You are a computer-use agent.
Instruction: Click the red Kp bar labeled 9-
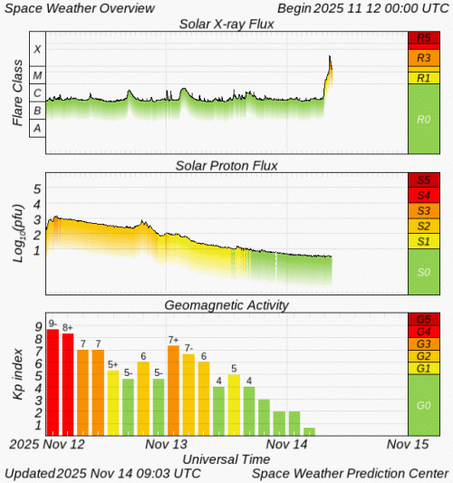pyautogui.click(x=53, y=382)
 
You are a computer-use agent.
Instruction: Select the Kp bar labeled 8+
pyautogui.click(x=68, y=384)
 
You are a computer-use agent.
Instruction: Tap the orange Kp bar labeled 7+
pyautogui.click(x=173, y=390)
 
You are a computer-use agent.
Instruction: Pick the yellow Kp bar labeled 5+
pyautogui.click(x=113, y=402)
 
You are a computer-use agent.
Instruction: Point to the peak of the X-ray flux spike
pyautogui.click(x=330, y=57)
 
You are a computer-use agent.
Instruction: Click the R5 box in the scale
pyautogui.click(x=424, y=39)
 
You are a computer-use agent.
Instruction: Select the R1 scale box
pyautogui.click(x=424, y=78)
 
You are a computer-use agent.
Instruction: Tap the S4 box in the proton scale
pyautogui.click(x=424, y=196)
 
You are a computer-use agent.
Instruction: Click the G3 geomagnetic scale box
pyautogui.click(x=424, y=344)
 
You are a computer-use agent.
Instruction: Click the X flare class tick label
pyautogui.click(x=37, y=48)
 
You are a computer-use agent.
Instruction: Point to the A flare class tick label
pyautogui.click(x=37, y=129)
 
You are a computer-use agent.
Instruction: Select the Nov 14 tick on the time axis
pyautogui.click(x=288, y=445)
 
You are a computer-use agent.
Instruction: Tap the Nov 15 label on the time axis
pyautogui.click(x=407, y=445)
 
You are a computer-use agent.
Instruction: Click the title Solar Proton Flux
pyautogui.click(x=226, y=165)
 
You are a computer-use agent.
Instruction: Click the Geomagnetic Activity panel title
pyautogui.click(x=226, y=305)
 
